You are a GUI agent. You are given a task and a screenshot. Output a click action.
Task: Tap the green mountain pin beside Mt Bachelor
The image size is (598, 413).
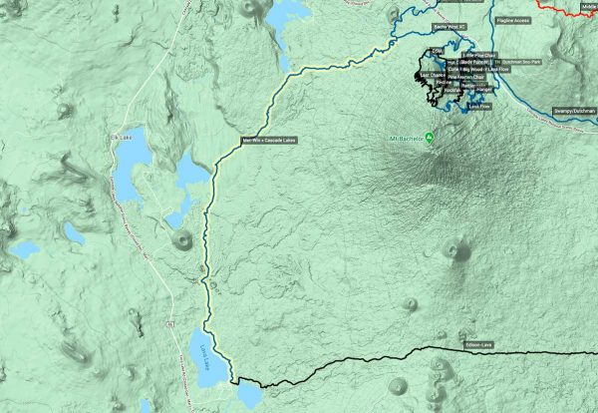[x=430, y=137]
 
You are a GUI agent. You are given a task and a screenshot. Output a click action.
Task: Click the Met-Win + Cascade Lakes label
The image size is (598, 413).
[x=269, y=140]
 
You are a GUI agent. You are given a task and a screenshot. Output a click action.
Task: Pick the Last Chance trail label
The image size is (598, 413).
[x=433, y=75]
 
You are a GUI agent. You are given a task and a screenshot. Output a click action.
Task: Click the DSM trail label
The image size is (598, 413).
[x=437, y=50]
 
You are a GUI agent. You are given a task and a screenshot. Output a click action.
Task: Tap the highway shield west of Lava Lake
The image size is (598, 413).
[x=165, y=326]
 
